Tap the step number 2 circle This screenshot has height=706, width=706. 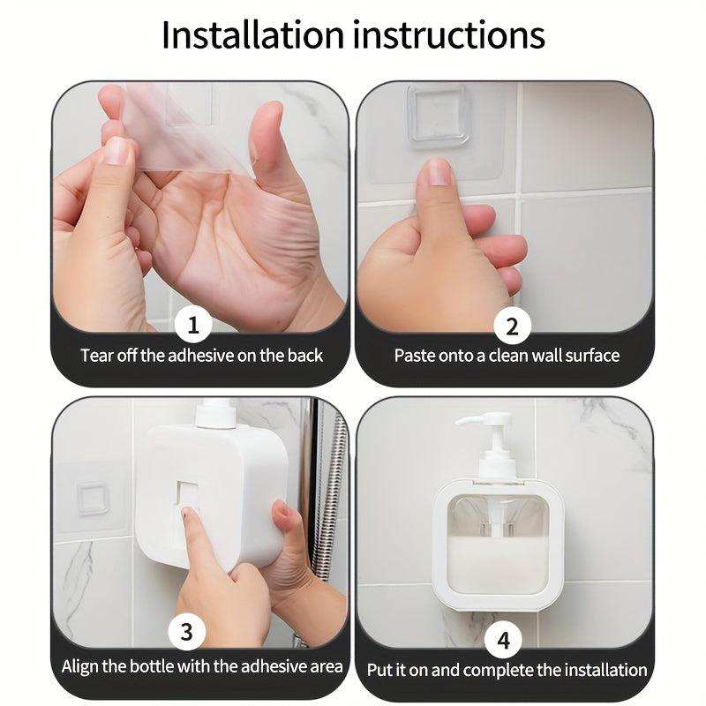(x=512, y=327)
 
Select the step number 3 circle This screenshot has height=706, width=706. (x=186, y=632)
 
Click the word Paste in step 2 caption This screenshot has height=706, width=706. (x=415, y=356)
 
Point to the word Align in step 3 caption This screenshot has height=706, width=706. (x=81, y=666)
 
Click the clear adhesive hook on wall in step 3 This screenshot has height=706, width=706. (x=92, y=499)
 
